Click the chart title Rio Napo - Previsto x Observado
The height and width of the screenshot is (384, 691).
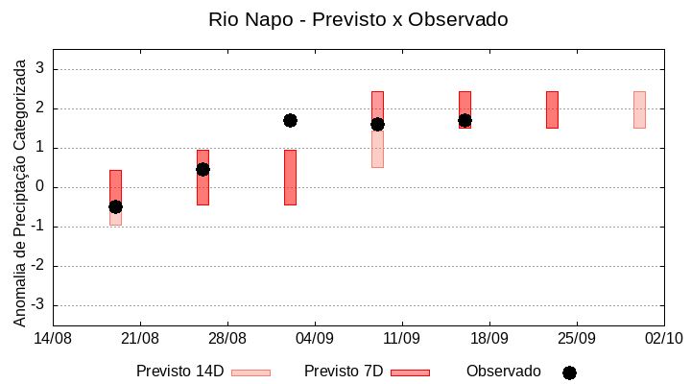click(358, 19)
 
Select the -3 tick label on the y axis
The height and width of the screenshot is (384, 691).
click(38, 305)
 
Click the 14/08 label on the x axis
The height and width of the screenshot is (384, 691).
click(53, 338)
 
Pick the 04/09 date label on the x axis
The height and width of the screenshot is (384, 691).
click(314, 338)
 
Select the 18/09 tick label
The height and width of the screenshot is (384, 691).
click(488, 338)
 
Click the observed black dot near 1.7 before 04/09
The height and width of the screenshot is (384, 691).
click(290, 120)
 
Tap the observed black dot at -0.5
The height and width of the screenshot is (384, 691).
click(115, 206)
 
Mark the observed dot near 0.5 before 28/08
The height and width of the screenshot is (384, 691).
click(203, 169)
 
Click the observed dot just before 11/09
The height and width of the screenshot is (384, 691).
click(377, 124)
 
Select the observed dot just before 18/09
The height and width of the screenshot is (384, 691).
click(465, 120)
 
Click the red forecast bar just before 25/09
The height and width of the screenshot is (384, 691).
click(552, 109)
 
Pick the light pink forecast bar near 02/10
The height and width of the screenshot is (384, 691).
click(639, 109)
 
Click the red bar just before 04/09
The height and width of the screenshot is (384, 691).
click(290, 178)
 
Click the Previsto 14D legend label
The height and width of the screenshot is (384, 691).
click(179, 372)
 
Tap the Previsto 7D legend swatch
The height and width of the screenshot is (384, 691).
click(410, 372)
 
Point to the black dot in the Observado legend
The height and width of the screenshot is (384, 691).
click(569, 372)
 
